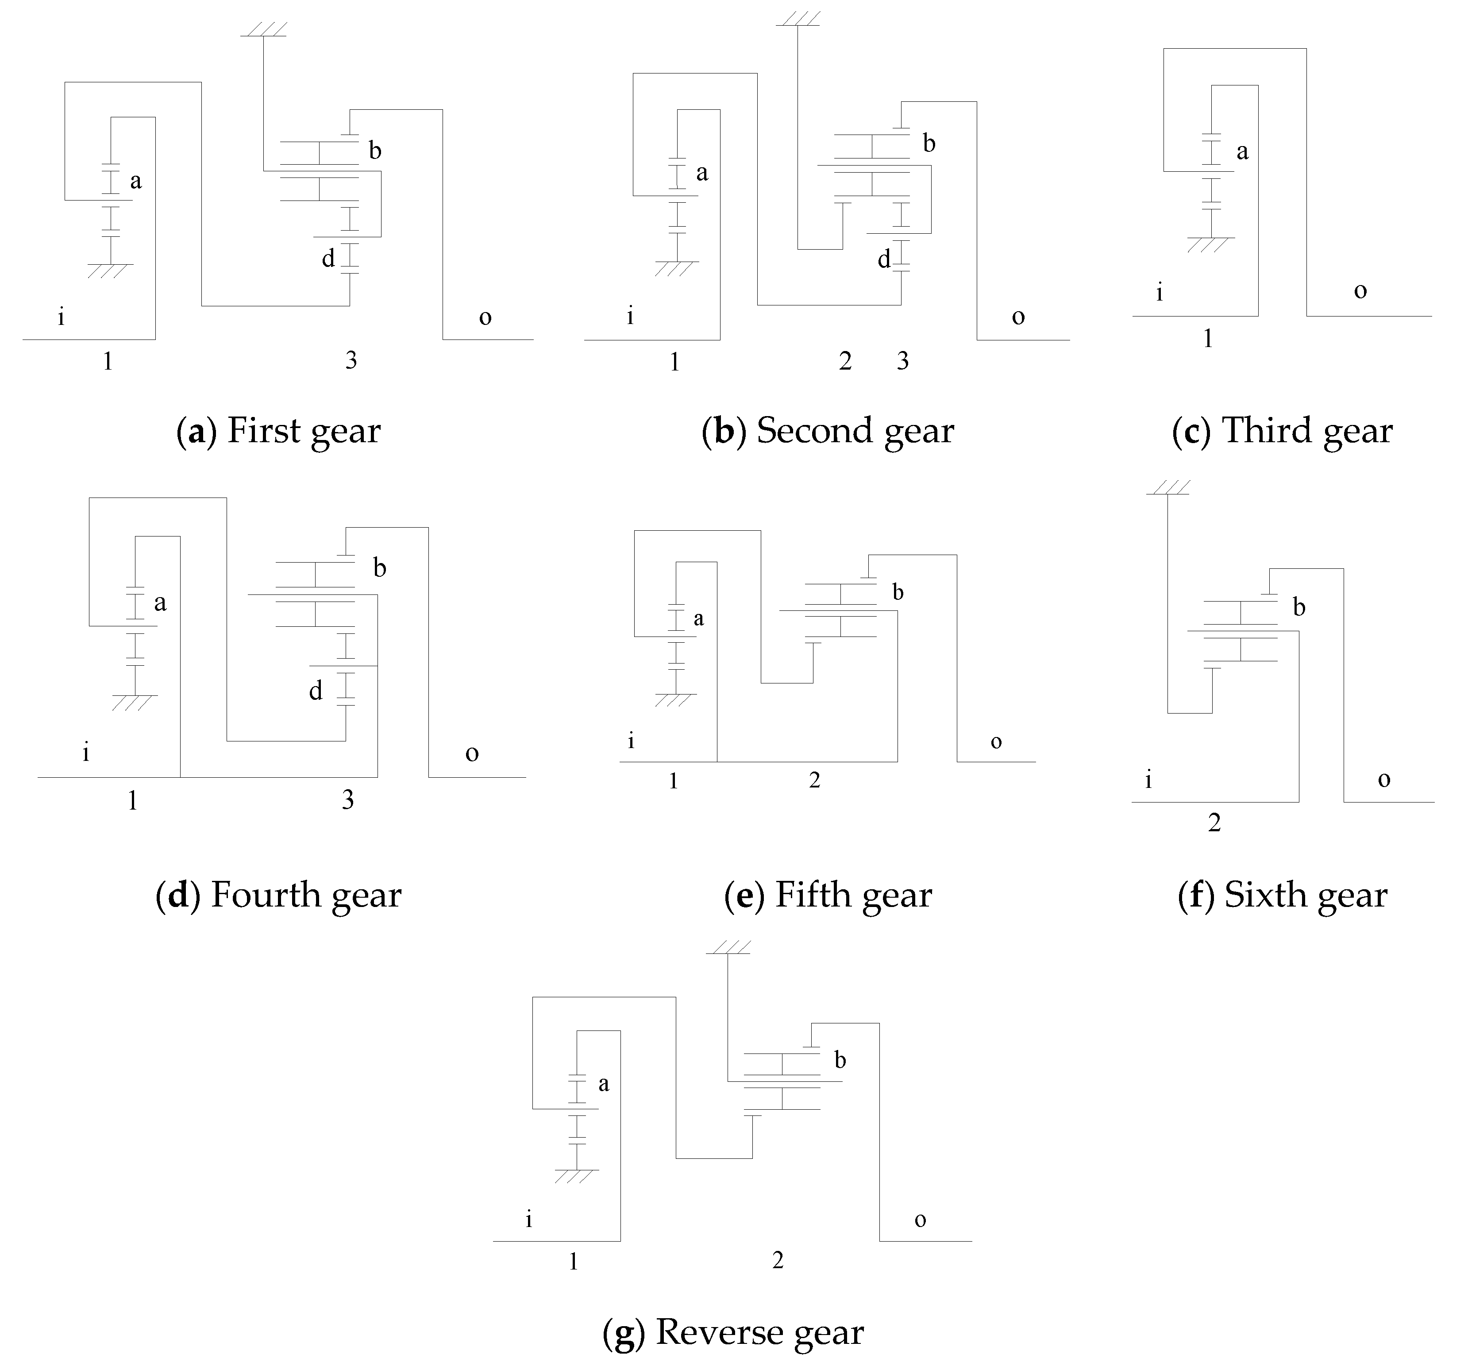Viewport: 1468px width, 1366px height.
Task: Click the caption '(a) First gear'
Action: (278, 431)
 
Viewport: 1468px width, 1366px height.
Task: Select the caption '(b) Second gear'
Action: (828, 431)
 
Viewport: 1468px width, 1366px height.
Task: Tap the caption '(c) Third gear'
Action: (1282, 431)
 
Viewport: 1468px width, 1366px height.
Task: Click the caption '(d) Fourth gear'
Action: (278, 895)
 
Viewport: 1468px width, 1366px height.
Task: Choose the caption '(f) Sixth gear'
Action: (1283, 895)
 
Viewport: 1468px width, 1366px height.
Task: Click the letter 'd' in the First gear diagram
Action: (328, 259)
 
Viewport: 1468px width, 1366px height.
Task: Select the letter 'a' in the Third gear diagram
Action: (1243, 152)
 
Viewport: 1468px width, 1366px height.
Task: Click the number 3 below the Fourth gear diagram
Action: (348, 800)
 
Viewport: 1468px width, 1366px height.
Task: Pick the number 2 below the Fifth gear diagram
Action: (814, 780)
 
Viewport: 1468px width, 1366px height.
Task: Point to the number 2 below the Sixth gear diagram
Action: (1214, 822)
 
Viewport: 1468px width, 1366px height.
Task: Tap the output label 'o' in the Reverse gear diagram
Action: (920, 1220)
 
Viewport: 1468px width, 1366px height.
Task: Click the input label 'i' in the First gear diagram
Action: (61, 317)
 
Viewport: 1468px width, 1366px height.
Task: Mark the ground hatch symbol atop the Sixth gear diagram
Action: (1168, 488)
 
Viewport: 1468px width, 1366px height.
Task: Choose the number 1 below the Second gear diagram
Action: (674, 362)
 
